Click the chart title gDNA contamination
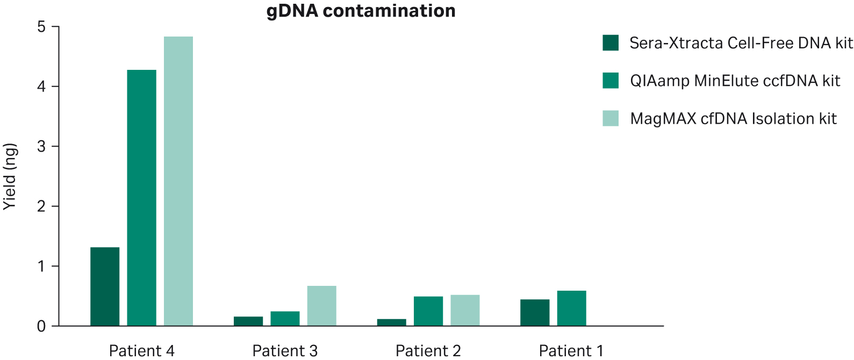tap(361, 11)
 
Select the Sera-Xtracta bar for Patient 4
tap(105, 286)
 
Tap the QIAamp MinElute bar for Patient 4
tap(141, 198)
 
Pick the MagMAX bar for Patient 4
tap(178, 181)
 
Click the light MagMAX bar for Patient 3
tap(321, 306)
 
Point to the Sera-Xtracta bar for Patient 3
tap(248, 321)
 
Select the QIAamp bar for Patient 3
tap(285, 319)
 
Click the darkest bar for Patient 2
tap(391, 322)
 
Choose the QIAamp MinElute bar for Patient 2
tap(428, 311)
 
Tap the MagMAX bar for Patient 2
tap(465, 311)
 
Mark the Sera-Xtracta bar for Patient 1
tap(535, 313)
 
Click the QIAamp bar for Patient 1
tap(571, 308)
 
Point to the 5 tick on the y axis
tap(41, 27)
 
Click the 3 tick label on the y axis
tap(41, 147)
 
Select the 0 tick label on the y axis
tap(41, 326)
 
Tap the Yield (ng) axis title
tap(10, 176)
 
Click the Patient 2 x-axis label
tap(428, 351)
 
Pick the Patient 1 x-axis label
tap(571, 351)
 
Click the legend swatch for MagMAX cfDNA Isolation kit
tap(611, 118)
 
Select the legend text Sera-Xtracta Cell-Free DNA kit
tap(741, 43)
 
